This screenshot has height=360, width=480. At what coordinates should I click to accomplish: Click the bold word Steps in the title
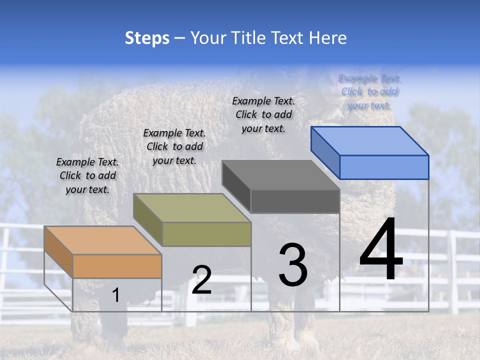tap(147, 38)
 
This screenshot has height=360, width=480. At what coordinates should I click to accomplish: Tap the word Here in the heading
tap(327, 38)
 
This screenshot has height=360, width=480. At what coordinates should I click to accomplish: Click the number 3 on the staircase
tap(293, 265)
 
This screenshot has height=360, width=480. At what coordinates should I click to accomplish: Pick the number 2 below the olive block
tap(201, 280)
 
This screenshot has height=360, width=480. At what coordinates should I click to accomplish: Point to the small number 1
tap(115, 295)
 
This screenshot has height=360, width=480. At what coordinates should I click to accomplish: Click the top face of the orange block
tap(102, 240)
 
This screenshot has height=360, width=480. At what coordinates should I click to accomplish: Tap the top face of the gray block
tap(280, 175)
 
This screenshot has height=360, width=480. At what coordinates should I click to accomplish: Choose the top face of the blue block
tap(369, 140)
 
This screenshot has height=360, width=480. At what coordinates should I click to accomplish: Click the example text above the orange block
tap(87, 175)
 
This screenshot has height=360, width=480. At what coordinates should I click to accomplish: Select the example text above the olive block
tap(174, 146)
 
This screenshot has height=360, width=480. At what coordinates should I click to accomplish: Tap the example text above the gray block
tap(263, 114)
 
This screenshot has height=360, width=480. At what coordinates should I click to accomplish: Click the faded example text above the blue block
tap(369, 91)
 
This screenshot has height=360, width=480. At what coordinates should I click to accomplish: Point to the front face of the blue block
tap(384, 167)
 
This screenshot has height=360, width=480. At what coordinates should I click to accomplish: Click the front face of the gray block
tap(295, 201)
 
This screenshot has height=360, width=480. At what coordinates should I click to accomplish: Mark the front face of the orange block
tap(117, 266)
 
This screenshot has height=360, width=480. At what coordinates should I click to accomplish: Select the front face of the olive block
tap(206, 234)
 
